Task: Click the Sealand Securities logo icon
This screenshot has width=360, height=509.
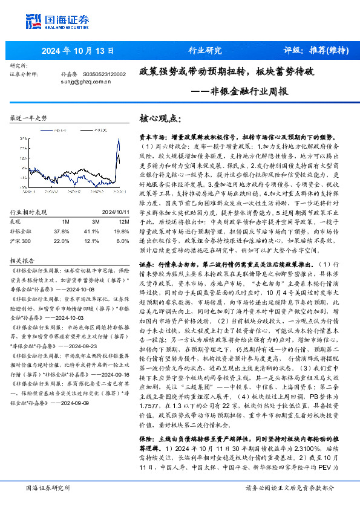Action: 35,21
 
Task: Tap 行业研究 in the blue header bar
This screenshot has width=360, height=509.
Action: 205,50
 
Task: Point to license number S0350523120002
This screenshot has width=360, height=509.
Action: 104,74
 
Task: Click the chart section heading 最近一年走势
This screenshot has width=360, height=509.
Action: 28,117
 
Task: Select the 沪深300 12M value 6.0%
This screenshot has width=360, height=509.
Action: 121,223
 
